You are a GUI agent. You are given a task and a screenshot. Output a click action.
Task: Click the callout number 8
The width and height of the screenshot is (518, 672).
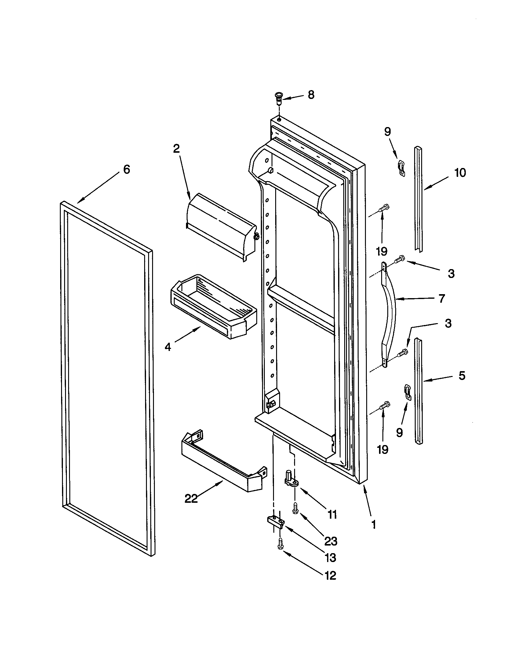[x=311, y=95]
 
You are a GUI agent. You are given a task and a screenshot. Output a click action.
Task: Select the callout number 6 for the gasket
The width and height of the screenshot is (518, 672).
[x=126, y=170]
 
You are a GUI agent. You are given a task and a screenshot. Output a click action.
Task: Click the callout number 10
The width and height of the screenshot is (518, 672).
[x=460, y=173]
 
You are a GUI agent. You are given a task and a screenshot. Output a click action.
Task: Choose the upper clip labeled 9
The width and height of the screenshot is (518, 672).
[x=401, y=168]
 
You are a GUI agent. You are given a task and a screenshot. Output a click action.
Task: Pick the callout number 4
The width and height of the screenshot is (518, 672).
[x=168, y=347]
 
